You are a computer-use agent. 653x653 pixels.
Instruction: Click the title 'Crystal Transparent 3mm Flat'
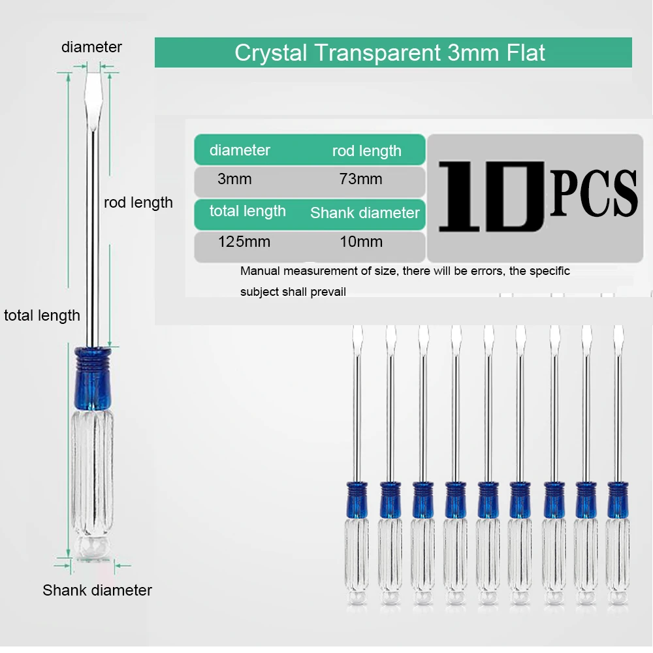click(390, 53)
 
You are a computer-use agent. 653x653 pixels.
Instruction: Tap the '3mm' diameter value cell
click(234, 180)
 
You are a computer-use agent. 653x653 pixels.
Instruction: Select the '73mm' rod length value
click(360, 180)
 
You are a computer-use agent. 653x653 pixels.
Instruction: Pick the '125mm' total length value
click(244, 242)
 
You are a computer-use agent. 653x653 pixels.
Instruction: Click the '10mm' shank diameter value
click(360, 242)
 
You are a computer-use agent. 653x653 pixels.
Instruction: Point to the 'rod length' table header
click(366, 151)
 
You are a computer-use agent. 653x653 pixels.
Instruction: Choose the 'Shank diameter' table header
click(365, 213)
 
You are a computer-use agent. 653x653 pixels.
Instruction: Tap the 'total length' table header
click(247, 212)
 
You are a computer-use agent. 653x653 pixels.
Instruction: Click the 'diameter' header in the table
click(240, 150)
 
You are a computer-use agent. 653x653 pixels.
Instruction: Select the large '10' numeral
click(491, 196)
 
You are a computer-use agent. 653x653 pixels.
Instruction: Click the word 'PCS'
click(593, 194)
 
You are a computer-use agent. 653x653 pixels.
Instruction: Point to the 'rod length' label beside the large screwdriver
click(138, 202)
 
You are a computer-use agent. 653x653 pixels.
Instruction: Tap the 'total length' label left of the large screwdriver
click(42, 315)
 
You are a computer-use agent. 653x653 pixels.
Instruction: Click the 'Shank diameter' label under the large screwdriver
click(97, 590)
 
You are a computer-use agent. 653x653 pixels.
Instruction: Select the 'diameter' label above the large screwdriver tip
click(91, 47)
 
